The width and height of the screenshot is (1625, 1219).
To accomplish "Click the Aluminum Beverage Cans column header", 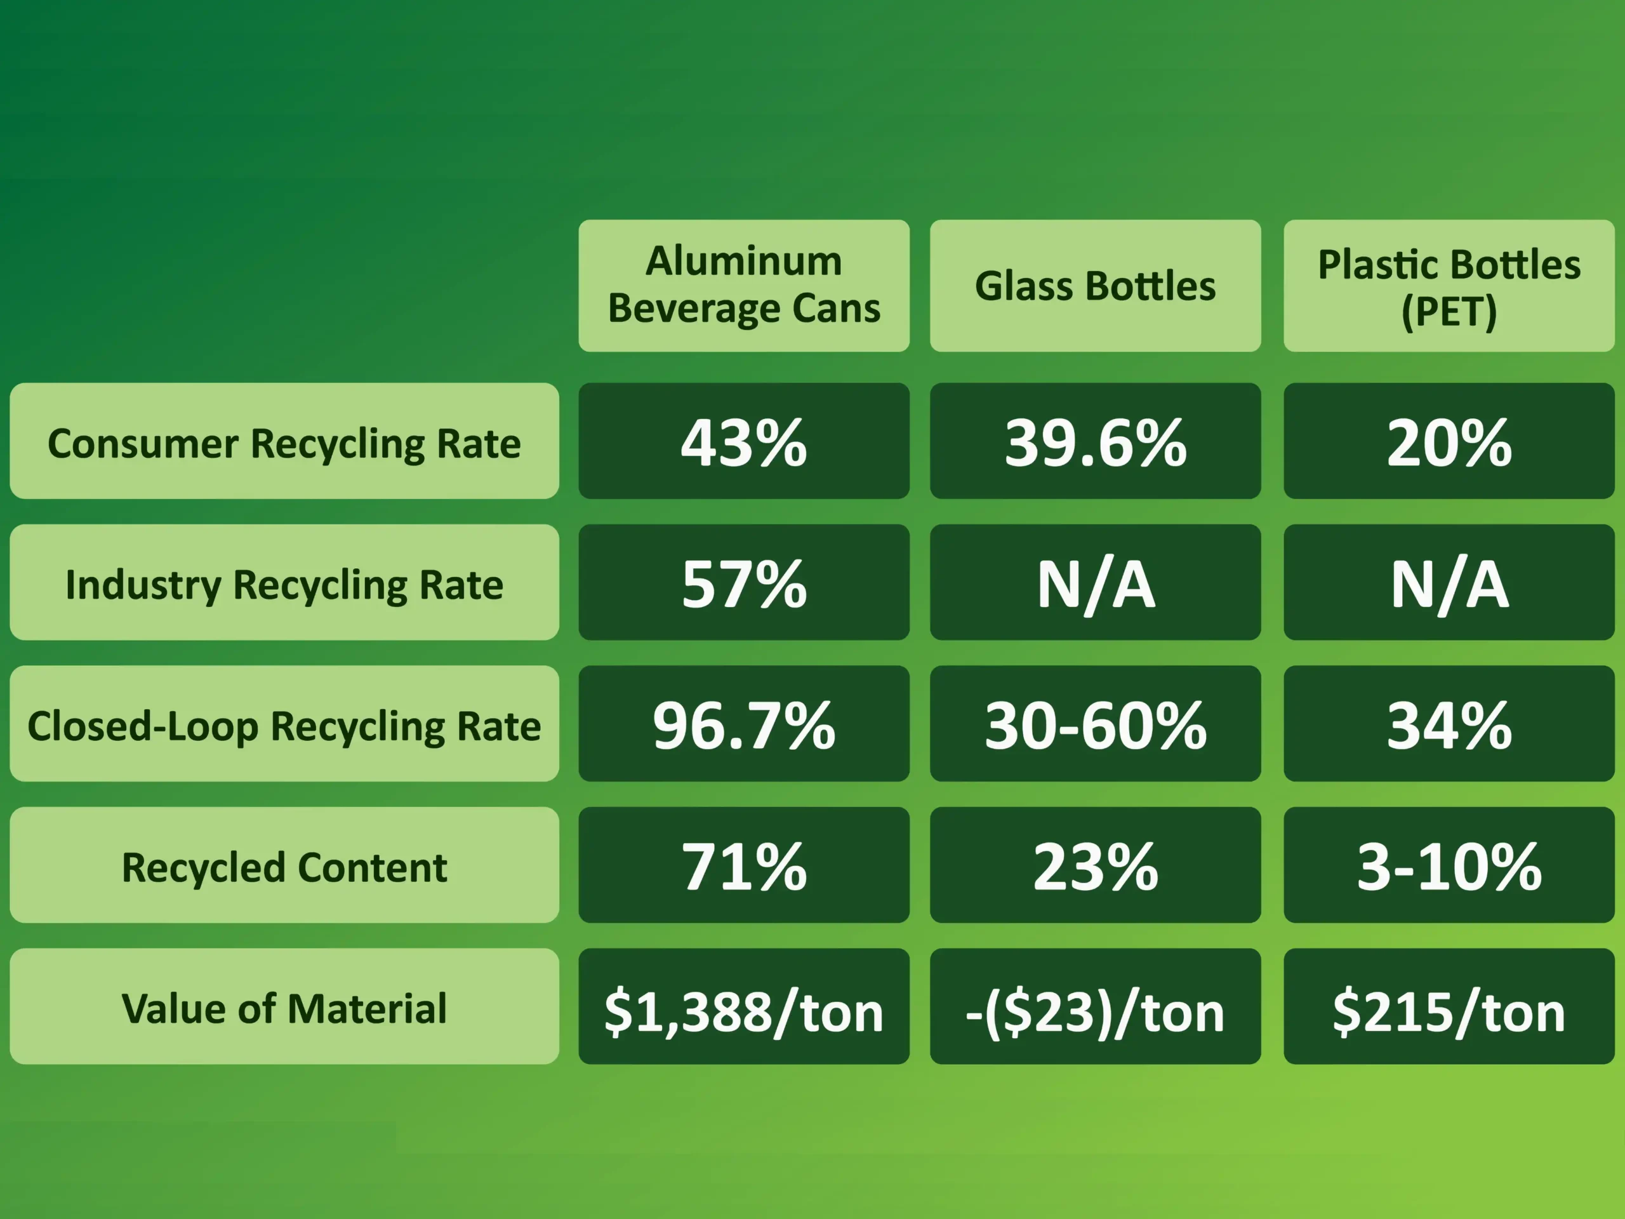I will click(743, 285).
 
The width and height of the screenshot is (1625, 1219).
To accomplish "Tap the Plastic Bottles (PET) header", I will click(1449, 285).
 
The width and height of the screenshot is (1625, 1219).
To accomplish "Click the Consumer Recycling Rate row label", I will click(284, 441).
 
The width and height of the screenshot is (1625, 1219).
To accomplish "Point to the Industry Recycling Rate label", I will click(284, 583).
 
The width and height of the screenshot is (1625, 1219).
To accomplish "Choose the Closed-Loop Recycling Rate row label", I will click(284, 724).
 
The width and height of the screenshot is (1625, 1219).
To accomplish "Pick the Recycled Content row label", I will click(284, 865).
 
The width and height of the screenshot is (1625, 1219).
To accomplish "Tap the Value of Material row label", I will click(284, 1007).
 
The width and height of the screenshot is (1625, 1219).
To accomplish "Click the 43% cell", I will click(743, 441).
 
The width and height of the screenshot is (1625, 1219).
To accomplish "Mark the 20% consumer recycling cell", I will click(1449, 441).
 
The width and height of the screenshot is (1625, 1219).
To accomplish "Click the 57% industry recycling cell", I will click(743, 583).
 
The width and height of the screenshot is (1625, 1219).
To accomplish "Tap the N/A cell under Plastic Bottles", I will click(1449, 583).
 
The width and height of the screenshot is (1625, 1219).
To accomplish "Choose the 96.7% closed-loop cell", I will click(743, 724).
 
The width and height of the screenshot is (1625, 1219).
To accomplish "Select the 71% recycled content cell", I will click(743, 865).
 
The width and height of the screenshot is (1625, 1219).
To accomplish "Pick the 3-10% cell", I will click(1449, 865).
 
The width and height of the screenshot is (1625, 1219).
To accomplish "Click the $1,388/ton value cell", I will click(743, 1007).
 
